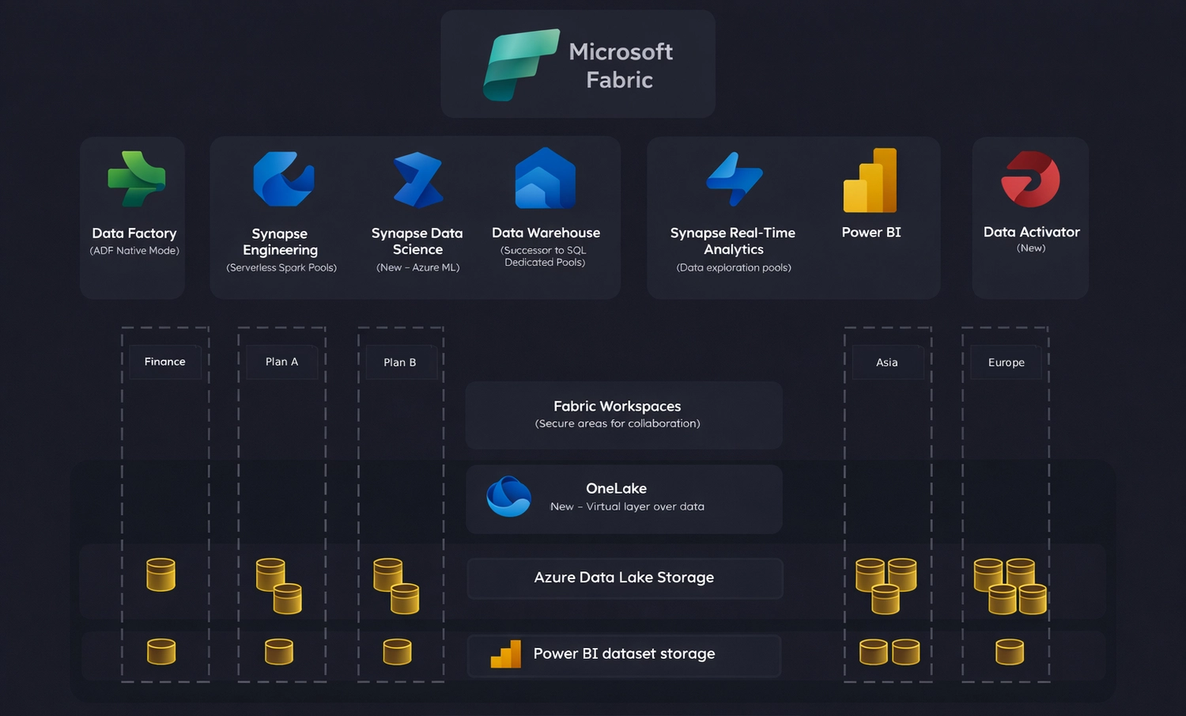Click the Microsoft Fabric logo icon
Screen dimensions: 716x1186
coord(520,65)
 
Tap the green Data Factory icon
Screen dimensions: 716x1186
coord(136,179)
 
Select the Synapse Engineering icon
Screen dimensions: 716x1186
coord(283,179)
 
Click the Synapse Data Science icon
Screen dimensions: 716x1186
coord(418,180)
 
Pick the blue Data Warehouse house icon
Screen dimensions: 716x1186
coord(545,179)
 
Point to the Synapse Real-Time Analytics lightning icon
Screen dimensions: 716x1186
coord(735,179)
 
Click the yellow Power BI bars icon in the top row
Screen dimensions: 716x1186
coord(870,180)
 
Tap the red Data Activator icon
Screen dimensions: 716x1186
coord(1030,179)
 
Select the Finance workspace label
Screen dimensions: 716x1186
coord(164,362)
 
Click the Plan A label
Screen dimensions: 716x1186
coord(281,362)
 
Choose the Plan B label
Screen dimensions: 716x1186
coord(399,362)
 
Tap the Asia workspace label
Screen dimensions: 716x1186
coord(886,362)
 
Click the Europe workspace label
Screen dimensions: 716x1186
coord(1006,362)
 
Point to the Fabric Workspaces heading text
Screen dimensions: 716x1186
coord(617,406)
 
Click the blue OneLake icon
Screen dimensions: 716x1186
coord(508,497)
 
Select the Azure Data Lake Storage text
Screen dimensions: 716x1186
coord(624,578)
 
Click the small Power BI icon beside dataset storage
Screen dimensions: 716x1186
coord(506,654)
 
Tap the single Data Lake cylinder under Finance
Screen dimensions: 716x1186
coord(161,575)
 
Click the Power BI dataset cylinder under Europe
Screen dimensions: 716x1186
coord(1010,652)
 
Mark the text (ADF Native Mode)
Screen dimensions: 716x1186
coord(134,251)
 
